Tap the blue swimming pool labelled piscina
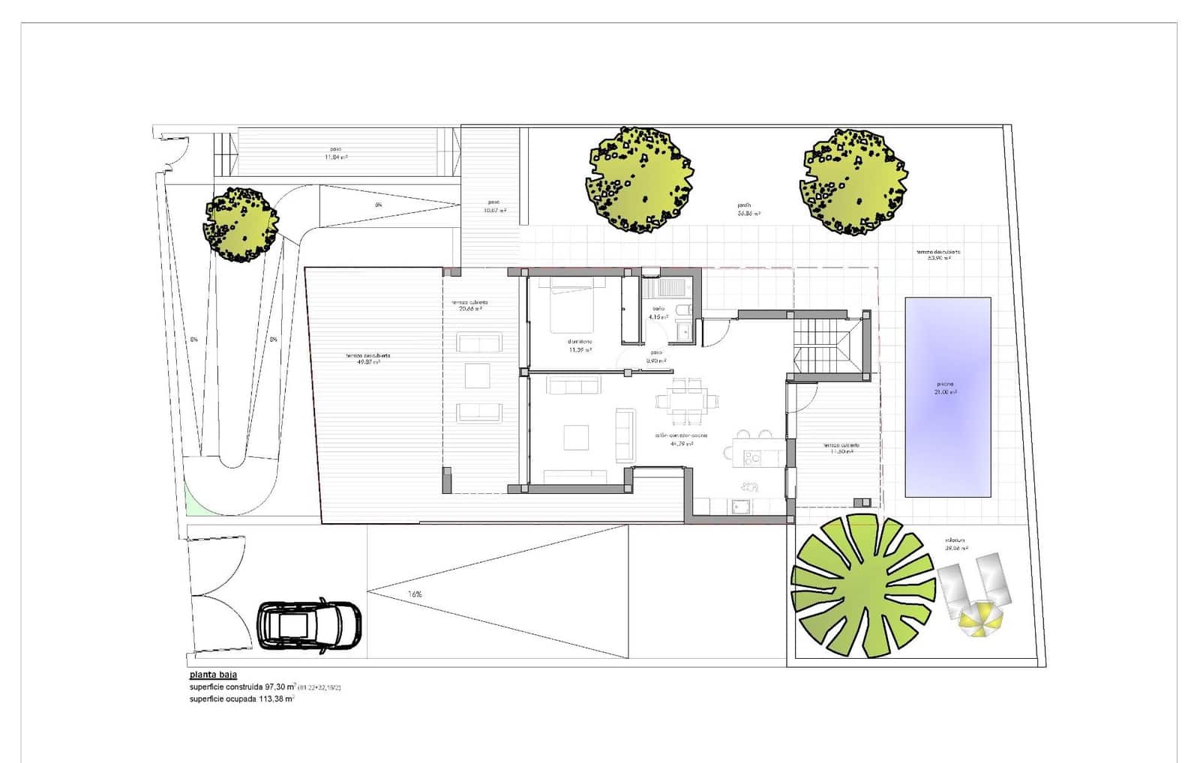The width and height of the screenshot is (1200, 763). [x=947, y=397]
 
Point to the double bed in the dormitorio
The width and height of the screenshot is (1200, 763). [x=574, y=305]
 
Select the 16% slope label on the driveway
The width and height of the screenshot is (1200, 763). [x=415, y=594]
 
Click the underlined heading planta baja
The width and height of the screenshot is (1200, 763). [x=213, y=675]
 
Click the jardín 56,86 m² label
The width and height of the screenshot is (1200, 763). [x=748, y=209]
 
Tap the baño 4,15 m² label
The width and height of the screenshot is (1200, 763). [x=658, y=313]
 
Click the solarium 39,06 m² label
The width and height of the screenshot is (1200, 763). [x=955, y=543]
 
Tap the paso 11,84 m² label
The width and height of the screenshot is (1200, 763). [x=336, y=154]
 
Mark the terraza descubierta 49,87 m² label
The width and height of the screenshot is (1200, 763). [x=367, y=358]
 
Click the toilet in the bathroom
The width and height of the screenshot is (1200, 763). [x=682, y=310]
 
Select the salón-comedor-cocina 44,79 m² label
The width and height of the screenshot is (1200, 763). [x=680, y=439]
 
